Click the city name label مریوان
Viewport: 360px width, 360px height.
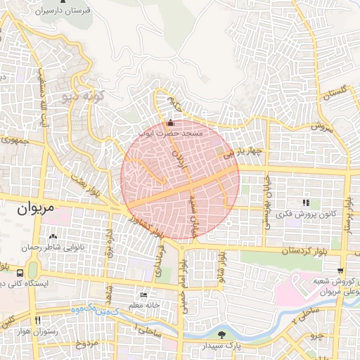point(34,209)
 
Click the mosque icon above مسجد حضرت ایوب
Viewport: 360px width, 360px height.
point(170,123)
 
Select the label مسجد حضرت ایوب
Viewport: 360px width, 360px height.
point(172,133)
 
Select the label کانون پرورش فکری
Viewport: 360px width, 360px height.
point(305,213)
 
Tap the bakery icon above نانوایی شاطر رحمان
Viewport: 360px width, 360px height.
point(53,236)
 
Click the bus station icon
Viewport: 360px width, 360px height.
point(20,272)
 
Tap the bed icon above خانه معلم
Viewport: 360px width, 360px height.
point(144,295)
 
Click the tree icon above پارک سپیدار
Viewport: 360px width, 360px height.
point(223,335)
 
